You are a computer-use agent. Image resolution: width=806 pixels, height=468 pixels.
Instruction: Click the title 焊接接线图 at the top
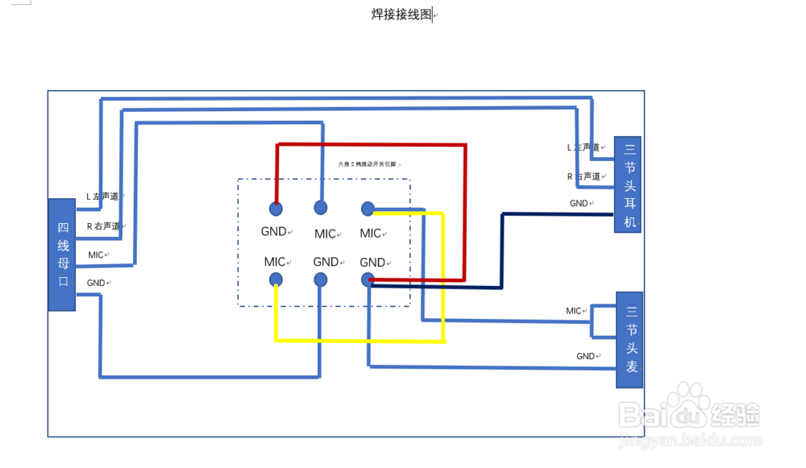coord(401,14)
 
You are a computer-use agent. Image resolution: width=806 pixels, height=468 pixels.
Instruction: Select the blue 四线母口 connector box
coord(62,254)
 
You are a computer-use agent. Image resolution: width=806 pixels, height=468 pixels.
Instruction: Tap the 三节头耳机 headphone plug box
coord(628,184)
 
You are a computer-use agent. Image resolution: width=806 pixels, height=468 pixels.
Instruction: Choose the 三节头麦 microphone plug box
coord(629,340)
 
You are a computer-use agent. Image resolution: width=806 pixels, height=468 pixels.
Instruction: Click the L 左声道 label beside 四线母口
coord(103,196)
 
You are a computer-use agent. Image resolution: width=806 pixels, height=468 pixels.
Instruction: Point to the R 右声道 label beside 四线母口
coord(104,226)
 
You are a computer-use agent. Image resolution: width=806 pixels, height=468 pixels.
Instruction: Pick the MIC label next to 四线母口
coord(96,255)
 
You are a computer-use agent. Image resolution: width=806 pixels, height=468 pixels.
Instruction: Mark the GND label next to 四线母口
coord(96,283)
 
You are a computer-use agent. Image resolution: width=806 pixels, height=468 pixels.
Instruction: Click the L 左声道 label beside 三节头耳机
coord(584,147)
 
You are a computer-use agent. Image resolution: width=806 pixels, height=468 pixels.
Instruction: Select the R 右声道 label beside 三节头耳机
coord(584,176)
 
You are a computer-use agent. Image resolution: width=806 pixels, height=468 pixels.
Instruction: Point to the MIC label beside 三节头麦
coord(574,311)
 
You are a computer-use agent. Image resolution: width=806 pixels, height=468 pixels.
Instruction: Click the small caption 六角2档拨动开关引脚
coord(367,164)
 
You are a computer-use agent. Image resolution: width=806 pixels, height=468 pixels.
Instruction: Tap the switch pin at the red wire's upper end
coord(276,209)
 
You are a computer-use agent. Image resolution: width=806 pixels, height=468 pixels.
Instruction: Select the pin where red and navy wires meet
coord(368,280)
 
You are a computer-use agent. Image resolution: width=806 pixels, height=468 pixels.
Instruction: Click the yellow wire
coord(359,340)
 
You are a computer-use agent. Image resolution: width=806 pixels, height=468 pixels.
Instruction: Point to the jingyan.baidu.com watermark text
coord(690,441)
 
